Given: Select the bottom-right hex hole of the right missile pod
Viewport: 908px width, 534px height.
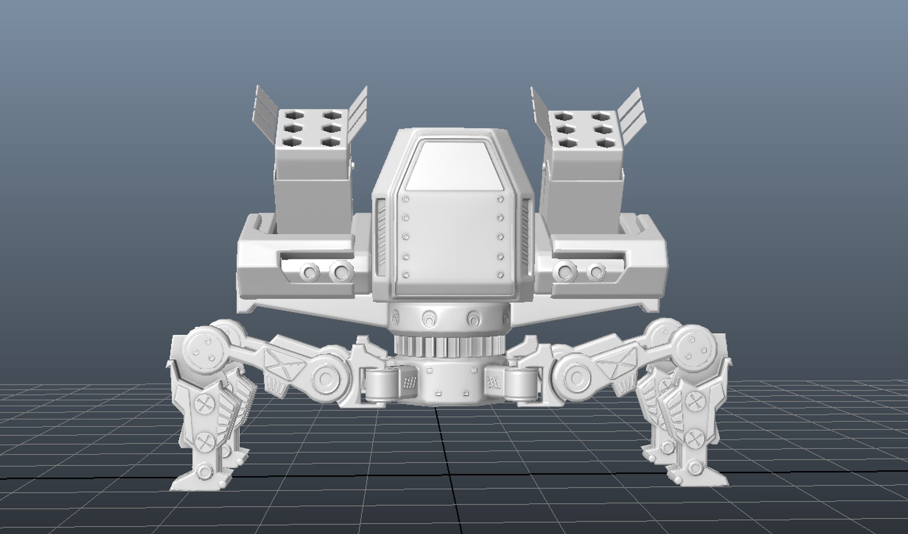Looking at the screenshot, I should tap(603, 143).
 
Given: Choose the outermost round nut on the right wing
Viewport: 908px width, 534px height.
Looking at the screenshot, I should tap(596, 271).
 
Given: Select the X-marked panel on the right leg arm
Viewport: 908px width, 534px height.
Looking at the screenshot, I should tap(617, 365).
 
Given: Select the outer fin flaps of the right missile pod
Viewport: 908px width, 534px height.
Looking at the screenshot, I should tap(633, 111).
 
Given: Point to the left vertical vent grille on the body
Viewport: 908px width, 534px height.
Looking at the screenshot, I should tap(382, 235).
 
